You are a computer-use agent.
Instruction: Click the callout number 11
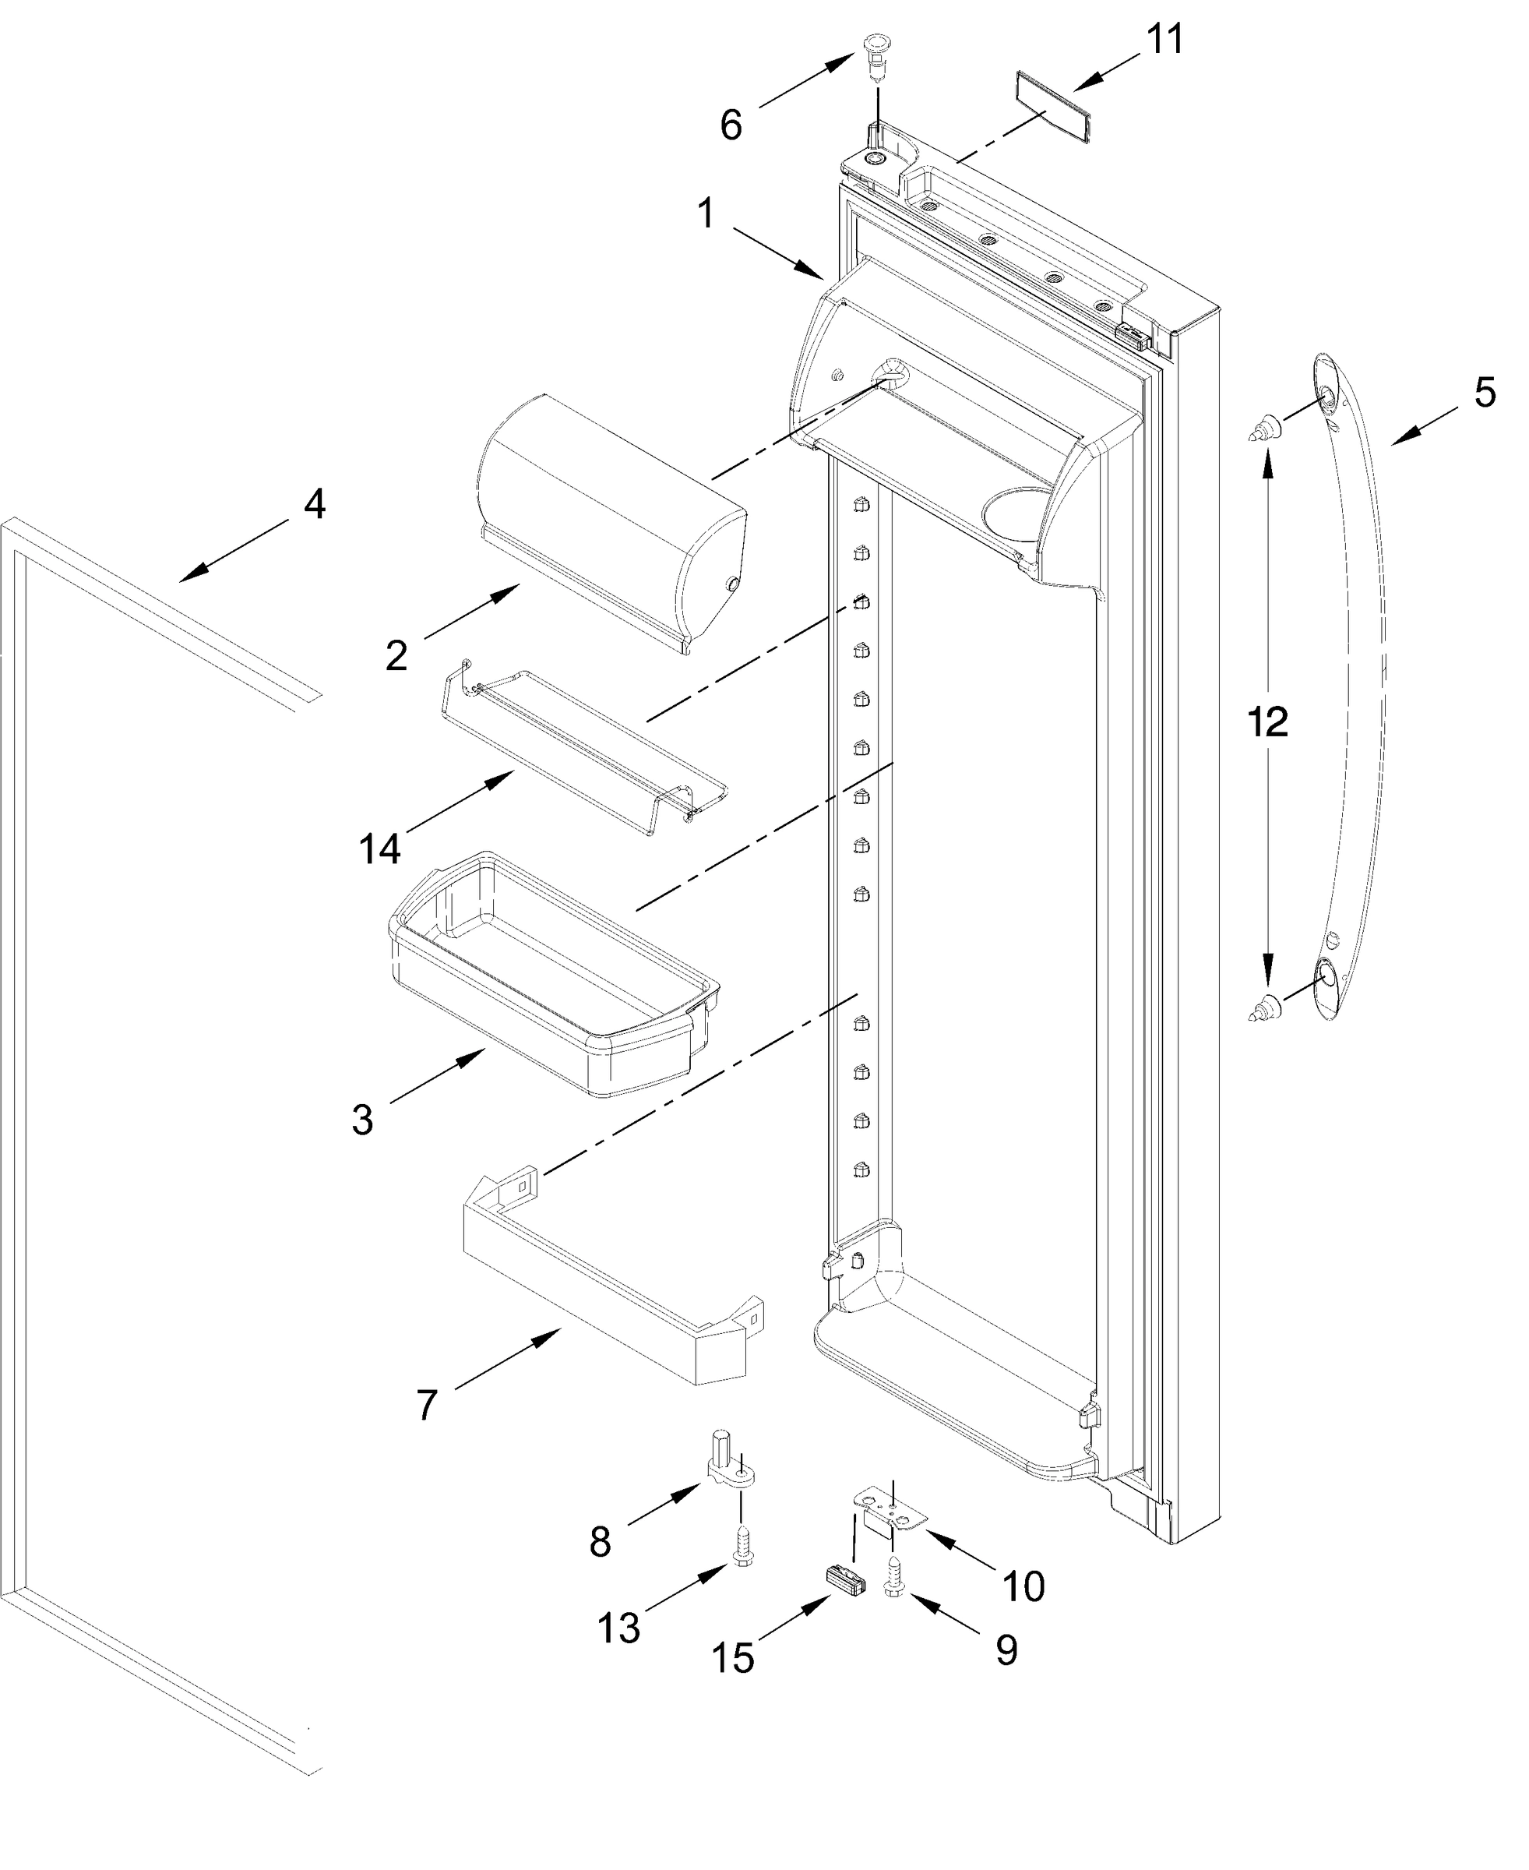(x=1164, y=41)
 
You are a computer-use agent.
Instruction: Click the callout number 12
(x=1267, y=722)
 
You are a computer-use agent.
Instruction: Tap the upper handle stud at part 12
(x=1266, y=429)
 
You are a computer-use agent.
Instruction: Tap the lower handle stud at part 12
(x=1266, y=1006)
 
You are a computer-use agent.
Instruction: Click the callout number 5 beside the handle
(x=1484, y=392)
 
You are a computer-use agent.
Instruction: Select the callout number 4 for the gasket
(x=315, y=504)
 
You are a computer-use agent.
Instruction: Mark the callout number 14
(x=379, y=849)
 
